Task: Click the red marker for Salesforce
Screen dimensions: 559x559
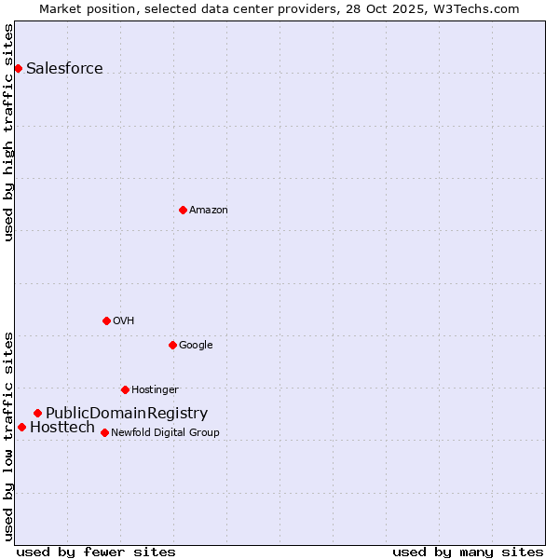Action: (18, 68)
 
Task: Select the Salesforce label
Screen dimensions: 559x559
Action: (64, 68)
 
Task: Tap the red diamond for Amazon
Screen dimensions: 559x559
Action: (183, 210)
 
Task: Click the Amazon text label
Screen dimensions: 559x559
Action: (208, 210)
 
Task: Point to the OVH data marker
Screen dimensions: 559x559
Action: (106, 320)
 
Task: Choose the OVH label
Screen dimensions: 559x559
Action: (124, 320)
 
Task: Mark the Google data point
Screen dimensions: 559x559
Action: (172, 345)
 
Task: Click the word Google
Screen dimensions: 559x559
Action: (196, 345)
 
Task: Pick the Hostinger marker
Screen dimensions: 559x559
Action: (125, 389)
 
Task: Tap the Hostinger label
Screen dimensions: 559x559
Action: (155, 389)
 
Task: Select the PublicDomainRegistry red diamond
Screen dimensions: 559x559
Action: (37, 413)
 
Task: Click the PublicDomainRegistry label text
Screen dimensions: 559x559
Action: (127, 413)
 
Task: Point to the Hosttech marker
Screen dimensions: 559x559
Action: (21, 427)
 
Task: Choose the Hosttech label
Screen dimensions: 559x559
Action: (62, 427)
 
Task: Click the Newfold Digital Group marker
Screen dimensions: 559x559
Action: (104, 432)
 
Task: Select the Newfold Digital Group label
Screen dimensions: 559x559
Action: (165, 432)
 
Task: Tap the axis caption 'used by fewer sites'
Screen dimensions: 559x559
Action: (96, 552)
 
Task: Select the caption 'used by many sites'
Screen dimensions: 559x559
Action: (468, 552)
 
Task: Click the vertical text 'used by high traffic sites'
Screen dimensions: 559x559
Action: (8, 132)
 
